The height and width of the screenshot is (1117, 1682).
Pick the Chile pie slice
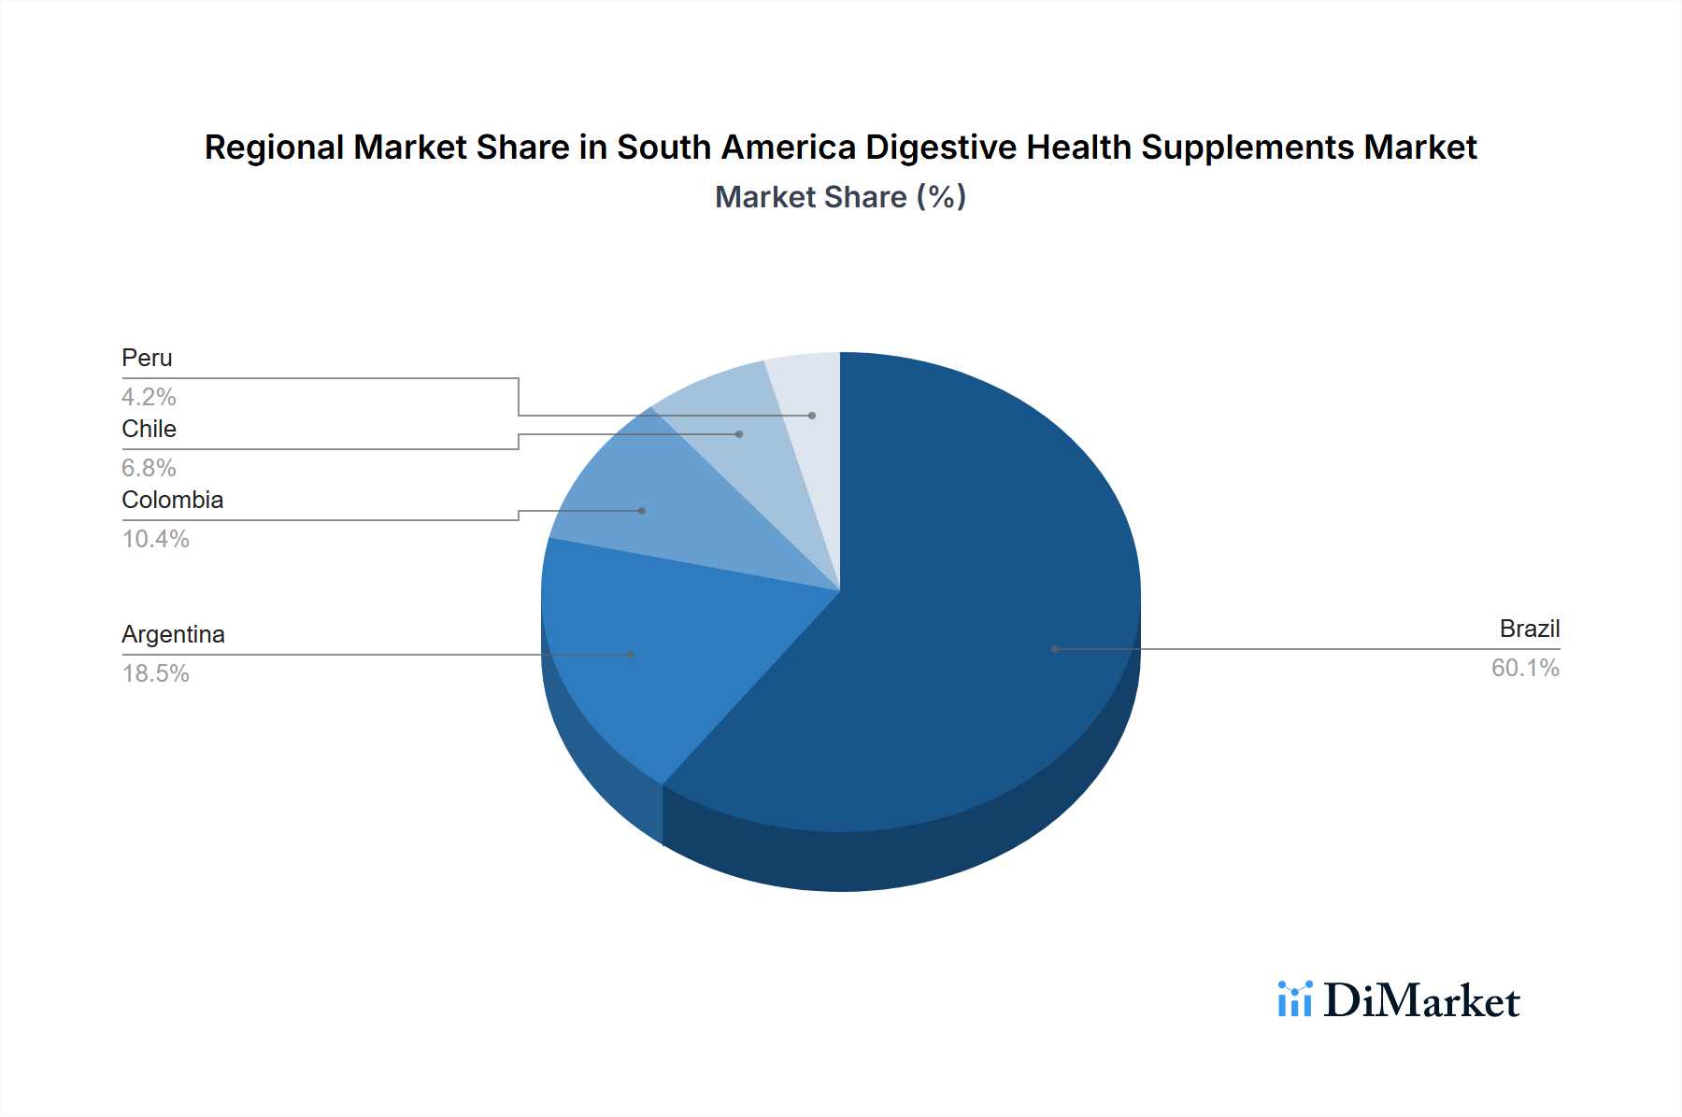[738, 439]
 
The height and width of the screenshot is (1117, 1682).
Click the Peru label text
[147, 358]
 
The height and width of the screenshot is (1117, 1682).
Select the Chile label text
[149, 429]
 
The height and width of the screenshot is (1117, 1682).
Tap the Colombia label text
[173, 500]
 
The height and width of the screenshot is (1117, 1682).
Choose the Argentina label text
[173, 634]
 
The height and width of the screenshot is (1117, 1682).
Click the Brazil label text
[1529, 629]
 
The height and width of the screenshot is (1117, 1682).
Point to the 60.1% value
[1525, 668]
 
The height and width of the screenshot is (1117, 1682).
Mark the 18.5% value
[156, 673]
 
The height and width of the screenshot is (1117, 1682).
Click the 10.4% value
[156, 539]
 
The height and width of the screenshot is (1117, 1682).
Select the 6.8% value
[149, 468]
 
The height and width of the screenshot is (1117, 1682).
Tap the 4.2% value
[149, 397]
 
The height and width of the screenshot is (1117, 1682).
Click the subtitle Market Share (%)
[840, 197]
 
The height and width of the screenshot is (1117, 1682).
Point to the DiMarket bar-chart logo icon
[1295, 999]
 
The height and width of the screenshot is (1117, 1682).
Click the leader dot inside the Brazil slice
[1055, 649]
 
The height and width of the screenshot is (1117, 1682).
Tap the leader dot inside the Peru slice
[812, 416]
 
